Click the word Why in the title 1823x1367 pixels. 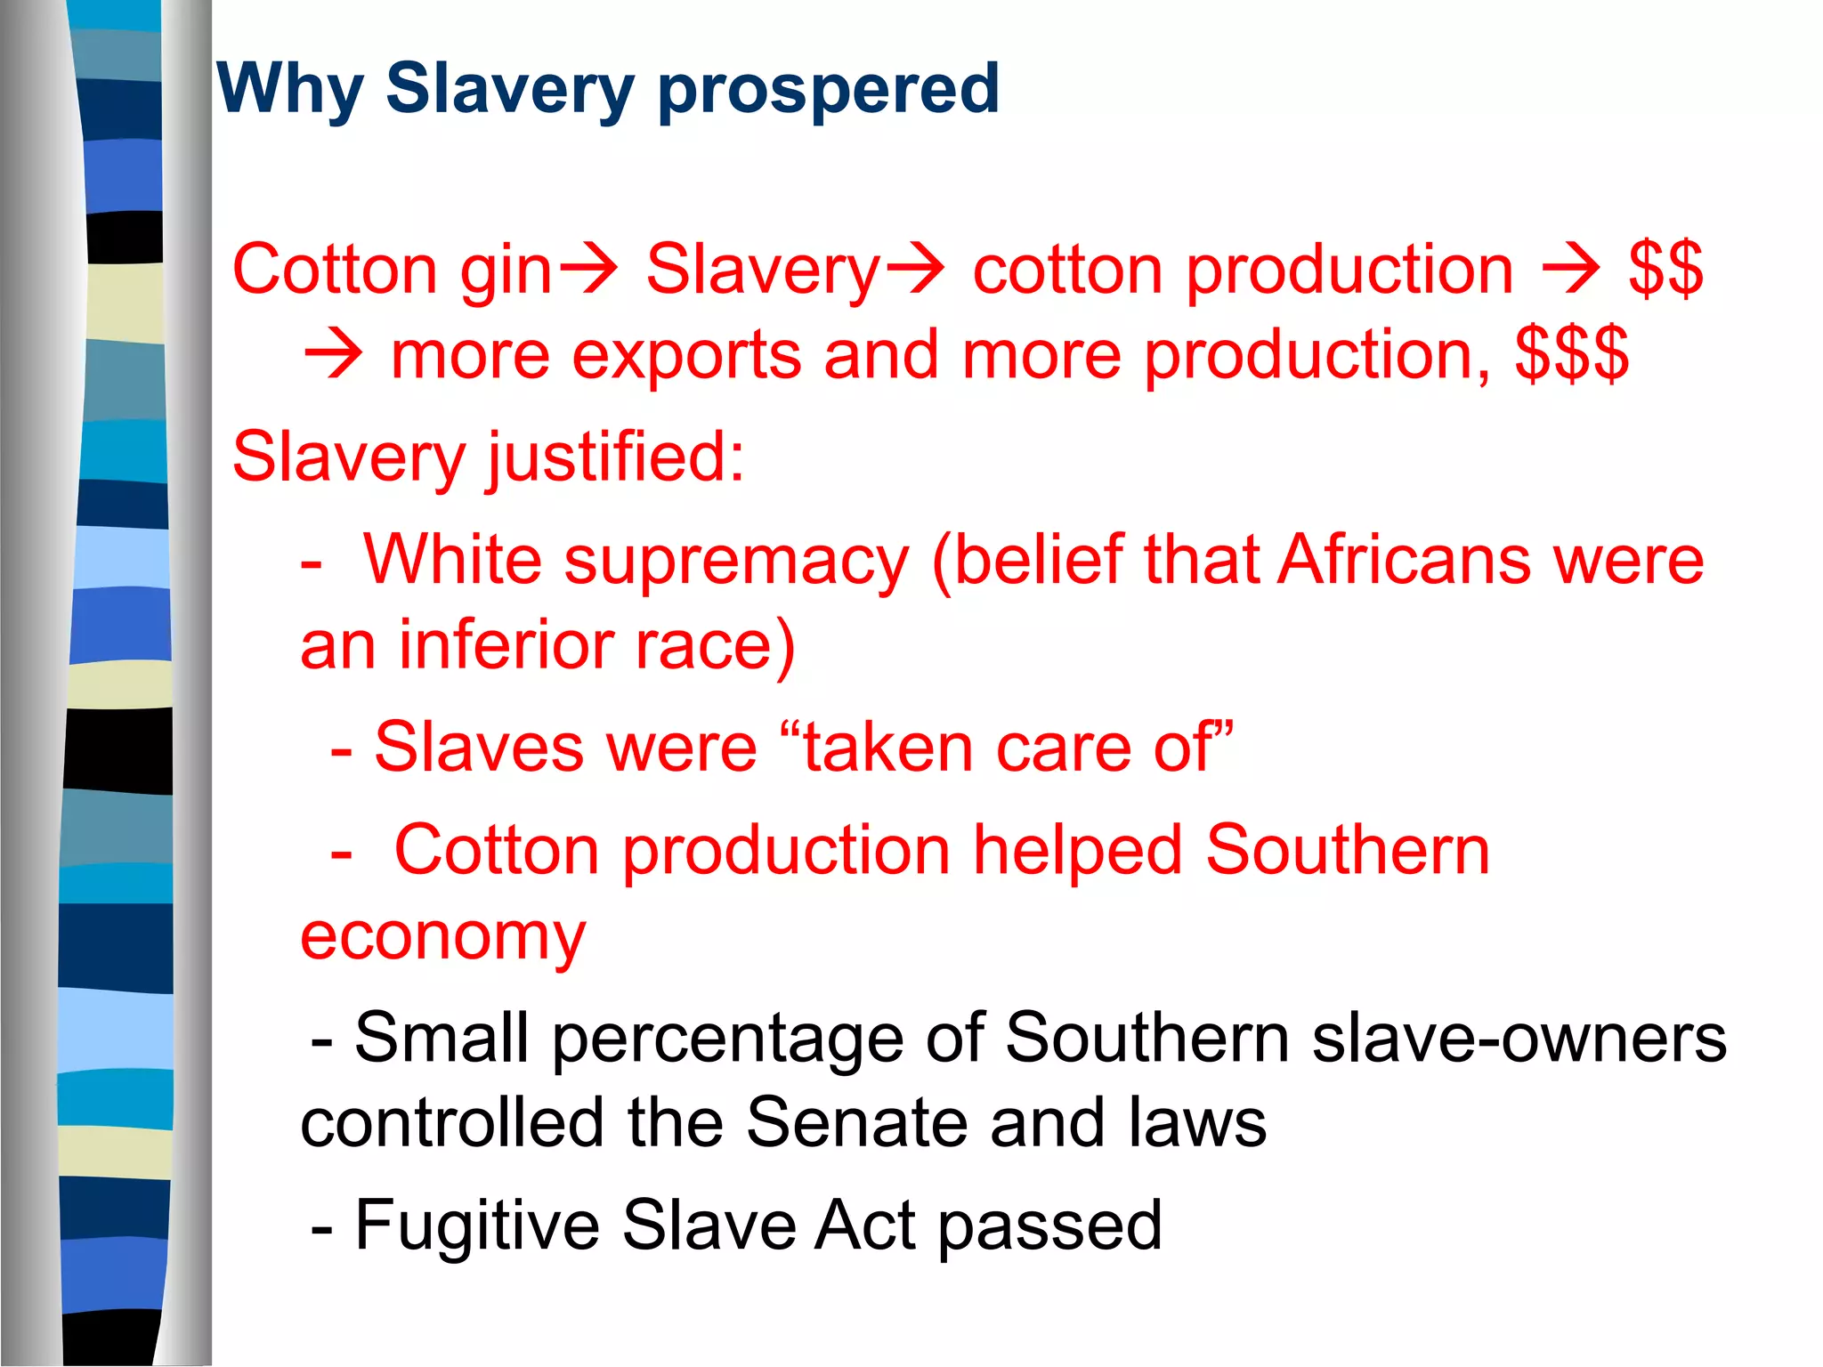[289, 91]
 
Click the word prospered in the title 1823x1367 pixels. [829, 91]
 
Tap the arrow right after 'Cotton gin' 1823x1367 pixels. [587, 269]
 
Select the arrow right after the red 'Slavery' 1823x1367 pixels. [914, 269]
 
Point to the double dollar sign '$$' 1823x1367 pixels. [1665, 269]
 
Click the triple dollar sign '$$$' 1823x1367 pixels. [1572, 354]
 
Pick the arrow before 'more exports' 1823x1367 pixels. [333, 355]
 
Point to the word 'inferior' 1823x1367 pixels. [504, 645]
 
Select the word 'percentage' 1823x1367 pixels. [727, 1039]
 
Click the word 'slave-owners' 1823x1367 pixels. [1519, 1038]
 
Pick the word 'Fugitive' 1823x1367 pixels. [477, 1226]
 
